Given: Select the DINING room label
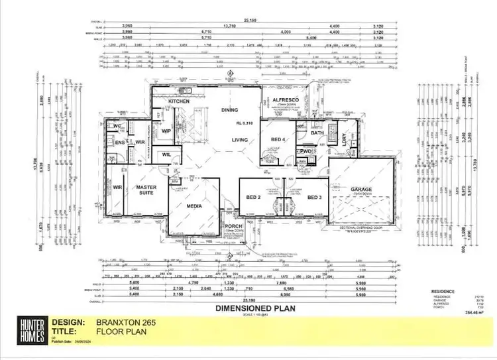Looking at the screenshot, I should click(229, 110).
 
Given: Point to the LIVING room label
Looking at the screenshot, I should click(241, 139).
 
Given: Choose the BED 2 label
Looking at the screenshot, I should click(253, 197).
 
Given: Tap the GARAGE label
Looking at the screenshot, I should click(362, 190).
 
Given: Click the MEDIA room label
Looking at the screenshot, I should click(194, 206).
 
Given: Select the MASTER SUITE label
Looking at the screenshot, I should click(146, 190).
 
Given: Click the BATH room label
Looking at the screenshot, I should click(317, 133).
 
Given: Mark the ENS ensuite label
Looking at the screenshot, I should click(121, 143).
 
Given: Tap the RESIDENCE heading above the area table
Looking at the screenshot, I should click(443, 291).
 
